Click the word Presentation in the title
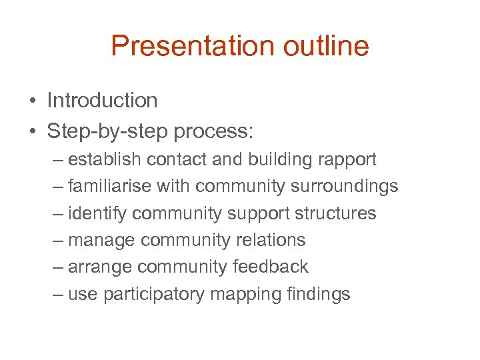(x=193, y=46)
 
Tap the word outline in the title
(x=326, y=46)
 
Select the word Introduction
(x=102, y=101)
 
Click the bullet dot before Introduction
(x=32, y=101)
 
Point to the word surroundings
(x=344, y=187)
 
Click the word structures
(x=335, y=213)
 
